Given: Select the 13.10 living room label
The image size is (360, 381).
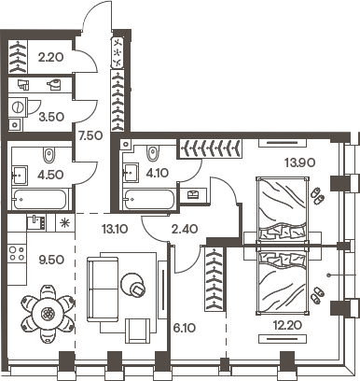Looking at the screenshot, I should (x=116, y=226).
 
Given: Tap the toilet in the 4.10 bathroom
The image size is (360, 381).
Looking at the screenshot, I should (x=153, y=153).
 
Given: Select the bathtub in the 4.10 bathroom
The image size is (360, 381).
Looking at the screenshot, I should (x=148, y=199).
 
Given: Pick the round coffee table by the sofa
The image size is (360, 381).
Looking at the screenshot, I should (x=138, y=290).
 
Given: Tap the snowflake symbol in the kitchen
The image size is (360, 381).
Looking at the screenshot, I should (x=64, y=223).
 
